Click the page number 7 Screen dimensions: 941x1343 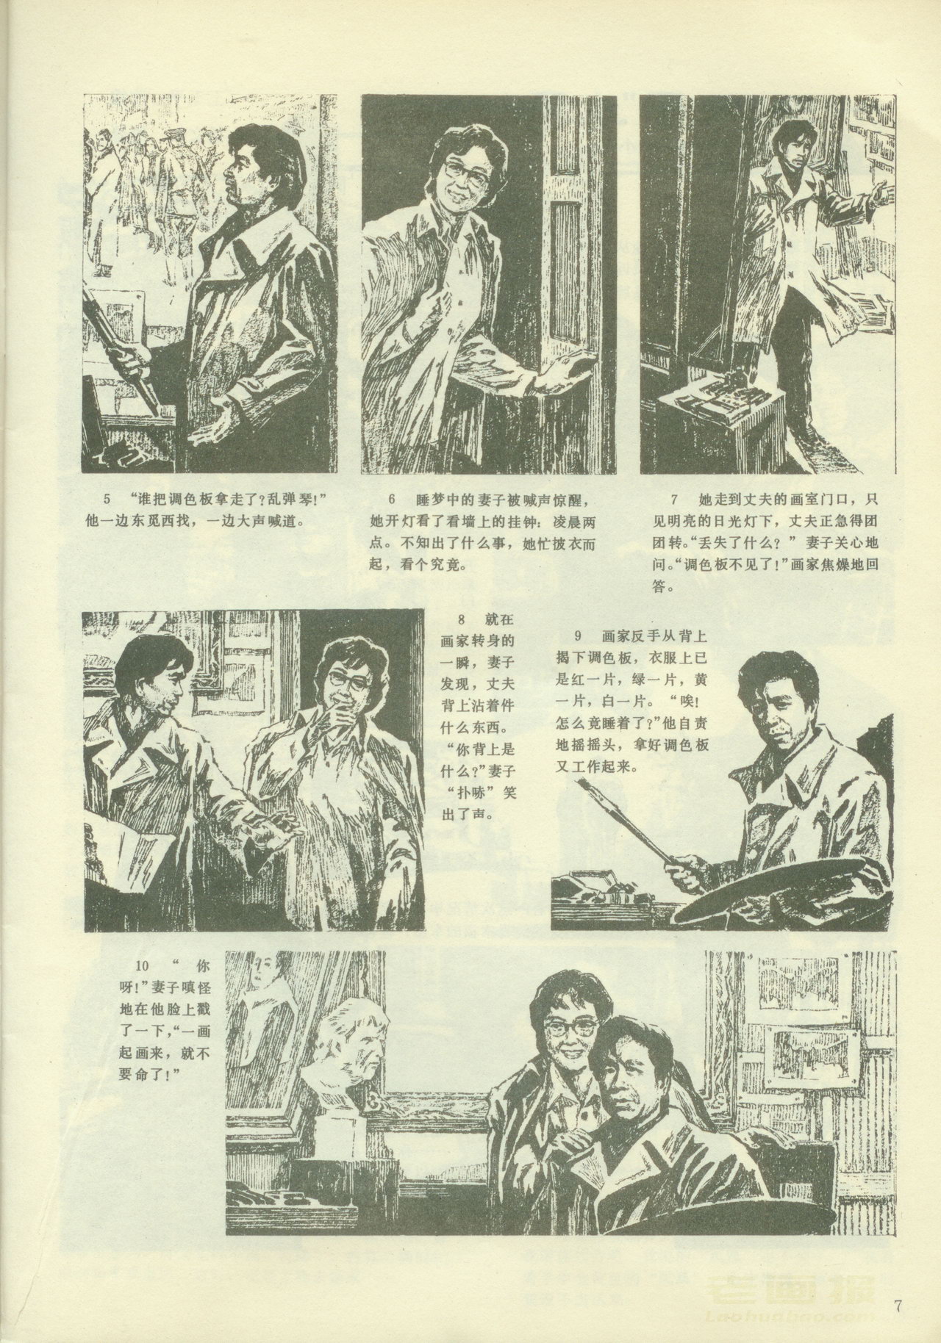pos(898,1306)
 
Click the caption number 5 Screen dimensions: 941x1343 pos(107,500)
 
